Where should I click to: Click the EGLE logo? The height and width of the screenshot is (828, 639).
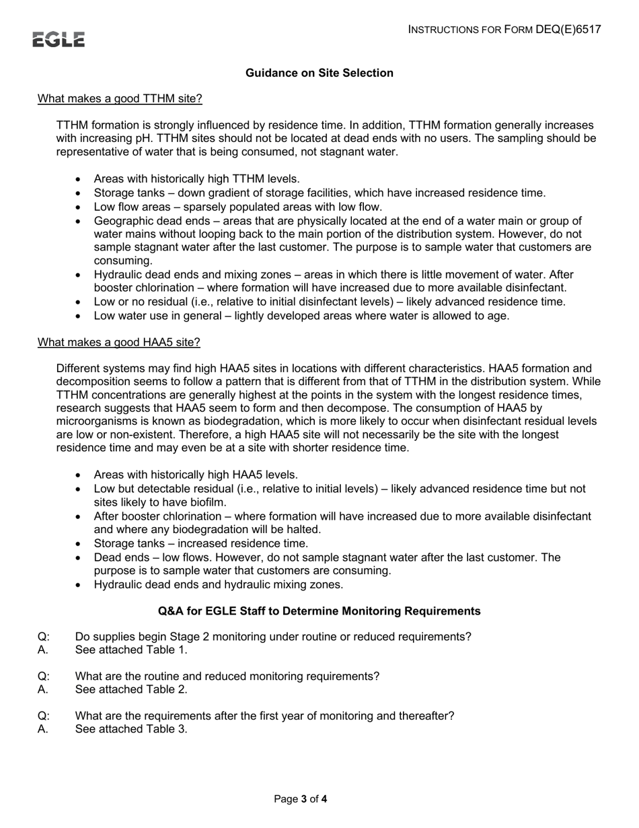click(x=59, y=40)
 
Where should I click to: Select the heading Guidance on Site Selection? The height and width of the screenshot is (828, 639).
click(x=319, y=73)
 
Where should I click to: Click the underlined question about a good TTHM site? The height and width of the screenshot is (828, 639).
click(x=120, y=99)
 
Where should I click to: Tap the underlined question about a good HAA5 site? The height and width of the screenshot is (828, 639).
click(x=119, y=342)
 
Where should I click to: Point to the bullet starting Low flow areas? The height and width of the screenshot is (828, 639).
click(x=237, y=207)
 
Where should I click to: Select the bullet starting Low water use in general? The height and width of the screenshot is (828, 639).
click(x=301, y=316)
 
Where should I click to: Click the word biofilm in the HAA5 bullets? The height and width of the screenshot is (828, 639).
click(x=209, y=502)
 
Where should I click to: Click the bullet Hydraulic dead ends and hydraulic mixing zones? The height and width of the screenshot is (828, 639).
click(x=218, y=584)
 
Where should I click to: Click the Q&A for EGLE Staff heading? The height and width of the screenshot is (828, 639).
click(x=319, y=611)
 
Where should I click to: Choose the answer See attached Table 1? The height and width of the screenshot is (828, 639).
click(x=131, y=650)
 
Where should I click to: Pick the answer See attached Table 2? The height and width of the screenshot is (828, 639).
click(x=131, y=689)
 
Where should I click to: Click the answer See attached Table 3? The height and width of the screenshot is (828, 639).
click(x=131, y=729)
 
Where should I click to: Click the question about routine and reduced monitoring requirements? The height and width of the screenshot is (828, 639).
click(x=227, y=676)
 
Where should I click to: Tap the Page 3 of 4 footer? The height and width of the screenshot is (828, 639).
click(x=301, y=799)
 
